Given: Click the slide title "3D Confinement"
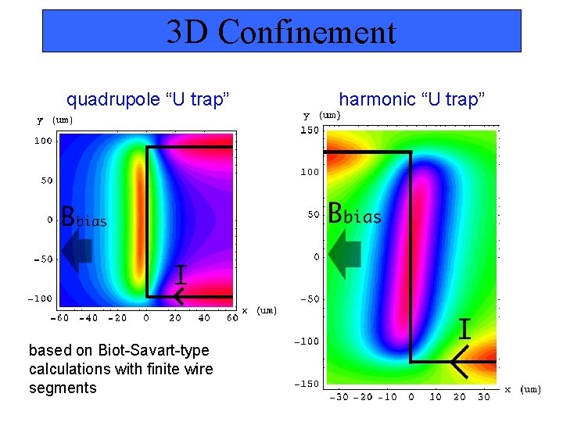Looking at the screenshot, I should pos(281,32).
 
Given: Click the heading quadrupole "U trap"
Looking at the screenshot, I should pos(148,99).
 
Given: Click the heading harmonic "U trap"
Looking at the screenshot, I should pos(412,99).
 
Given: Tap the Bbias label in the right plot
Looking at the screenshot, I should pos(355,213).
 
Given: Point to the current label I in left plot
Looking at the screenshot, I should pos(180,274).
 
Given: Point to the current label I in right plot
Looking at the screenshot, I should pos(464,329).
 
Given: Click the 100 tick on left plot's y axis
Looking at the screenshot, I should pos(42,141).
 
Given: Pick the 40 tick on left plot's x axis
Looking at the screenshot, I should pos(204,318).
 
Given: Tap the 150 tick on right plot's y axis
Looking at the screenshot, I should pos(310,131).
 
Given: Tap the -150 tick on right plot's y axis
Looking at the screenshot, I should pos(307,384).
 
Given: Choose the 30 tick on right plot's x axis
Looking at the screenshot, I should pos(483,397).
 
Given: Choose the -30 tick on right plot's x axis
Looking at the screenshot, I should pos(339,397).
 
